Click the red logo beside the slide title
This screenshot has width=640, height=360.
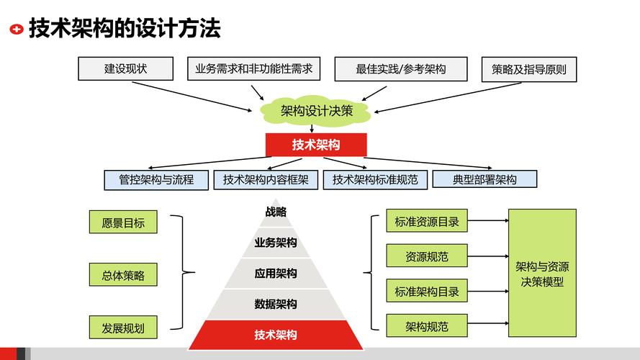click(x=16, y=30)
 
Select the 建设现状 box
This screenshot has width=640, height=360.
click(x=127, y=69)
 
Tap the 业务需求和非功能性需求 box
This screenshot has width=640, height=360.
click(x=253, y=69)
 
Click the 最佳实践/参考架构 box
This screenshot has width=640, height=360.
click(x=401, y=69)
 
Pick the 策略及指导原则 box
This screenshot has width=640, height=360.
click(x=529, y=70)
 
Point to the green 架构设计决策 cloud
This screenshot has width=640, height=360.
click(x=316, y=110)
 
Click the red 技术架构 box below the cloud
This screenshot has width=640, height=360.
click(x=316, y=144)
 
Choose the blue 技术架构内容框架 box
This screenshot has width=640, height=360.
click(x=266, y=179)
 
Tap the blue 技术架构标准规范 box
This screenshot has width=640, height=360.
click(x=375, y=179)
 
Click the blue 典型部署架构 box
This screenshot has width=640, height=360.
click(x=484, y=179)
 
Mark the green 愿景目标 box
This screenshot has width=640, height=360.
click(x=123, y=222)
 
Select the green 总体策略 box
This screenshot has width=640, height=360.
click(x=123, y=275)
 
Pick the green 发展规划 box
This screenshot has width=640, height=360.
click(x=123, y=328)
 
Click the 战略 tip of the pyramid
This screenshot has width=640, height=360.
click(x=276, y=212)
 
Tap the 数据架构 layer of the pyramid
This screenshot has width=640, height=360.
click(x=276, y=304)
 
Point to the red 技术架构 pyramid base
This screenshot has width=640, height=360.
click(x=276, y=335)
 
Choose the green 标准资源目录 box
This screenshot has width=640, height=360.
click(x=427, y=221)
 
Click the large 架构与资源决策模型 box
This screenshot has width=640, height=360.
click(x=542, y=273)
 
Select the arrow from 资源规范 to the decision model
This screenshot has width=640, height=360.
click(x=487, y=256)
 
